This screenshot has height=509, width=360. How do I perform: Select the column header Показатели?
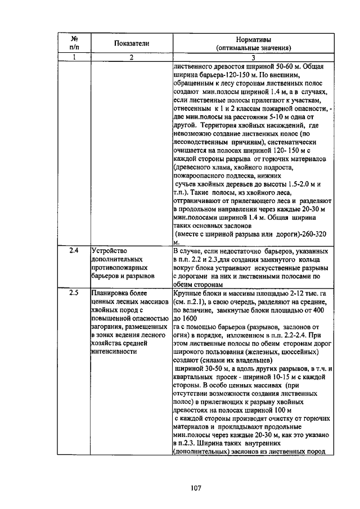click(x=131, y=44)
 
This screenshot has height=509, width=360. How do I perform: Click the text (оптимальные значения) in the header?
click(x=252, y=48)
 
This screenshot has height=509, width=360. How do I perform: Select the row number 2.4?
click(x=73, y=250)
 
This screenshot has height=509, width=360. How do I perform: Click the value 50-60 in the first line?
click(x=292, y=66)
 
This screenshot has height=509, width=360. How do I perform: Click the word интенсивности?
click(x=114, y=351)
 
